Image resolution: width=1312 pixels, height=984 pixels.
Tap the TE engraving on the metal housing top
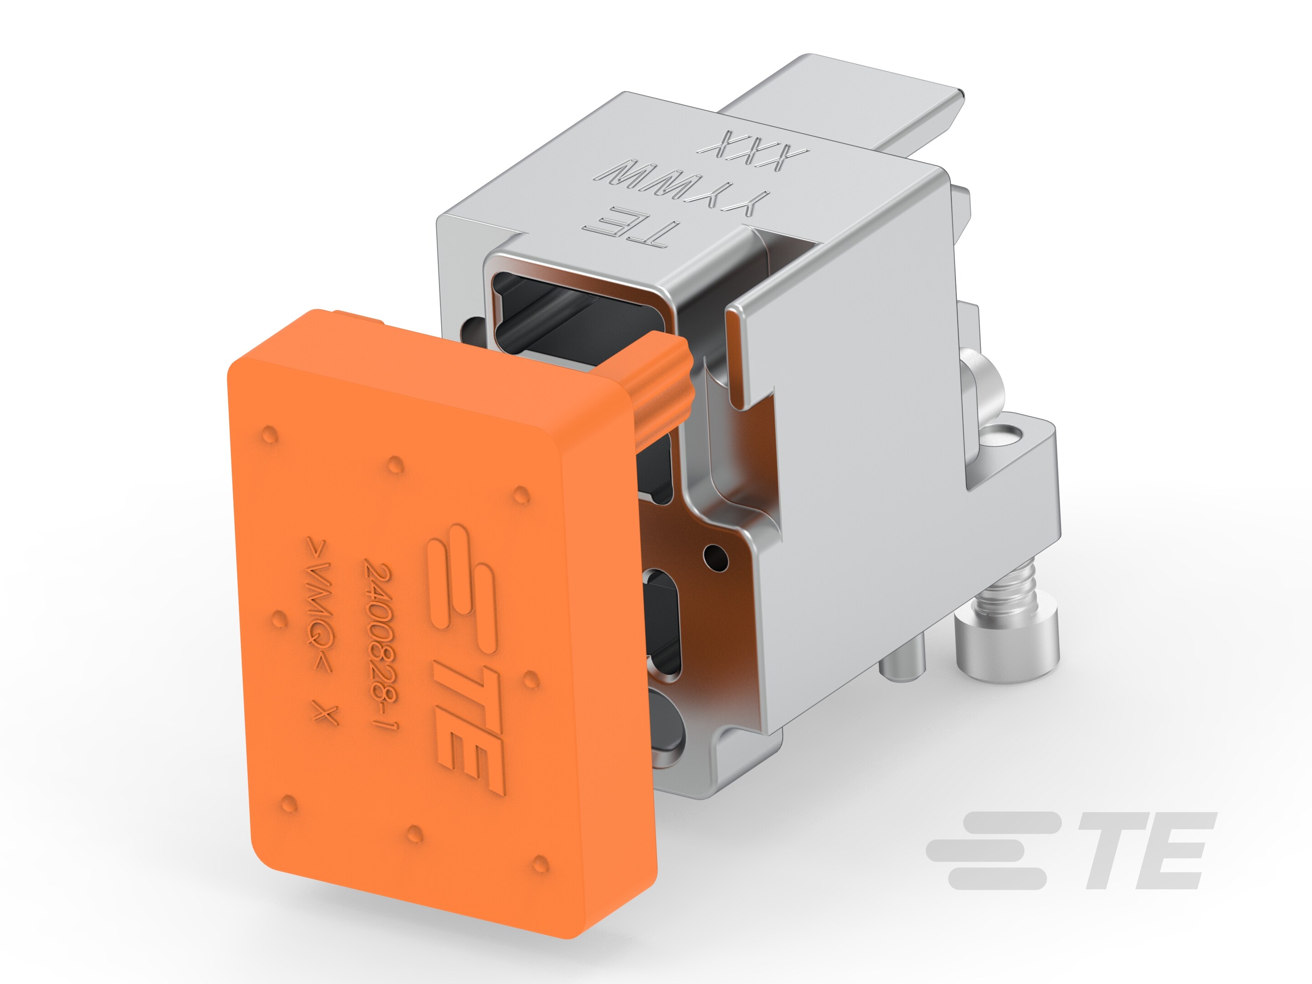629,225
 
